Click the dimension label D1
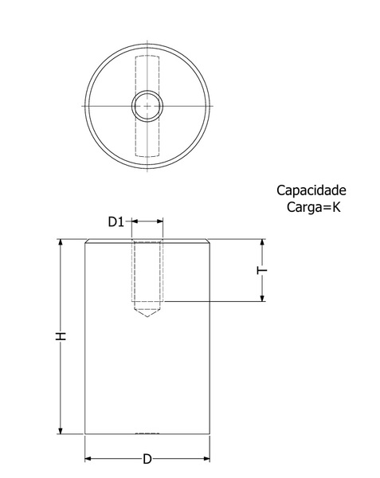(116, 221)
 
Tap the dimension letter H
(61, 336)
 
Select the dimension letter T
(262, 270)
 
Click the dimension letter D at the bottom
(147, 459)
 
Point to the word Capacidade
(311, 190)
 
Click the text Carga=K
(313, 207)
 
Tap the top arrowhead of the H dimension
(61, 242)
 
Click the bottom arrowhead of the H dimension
(61, 430)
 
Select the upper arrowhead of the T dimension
(262, 243)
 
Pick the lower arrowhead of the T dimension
(262, 298)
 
